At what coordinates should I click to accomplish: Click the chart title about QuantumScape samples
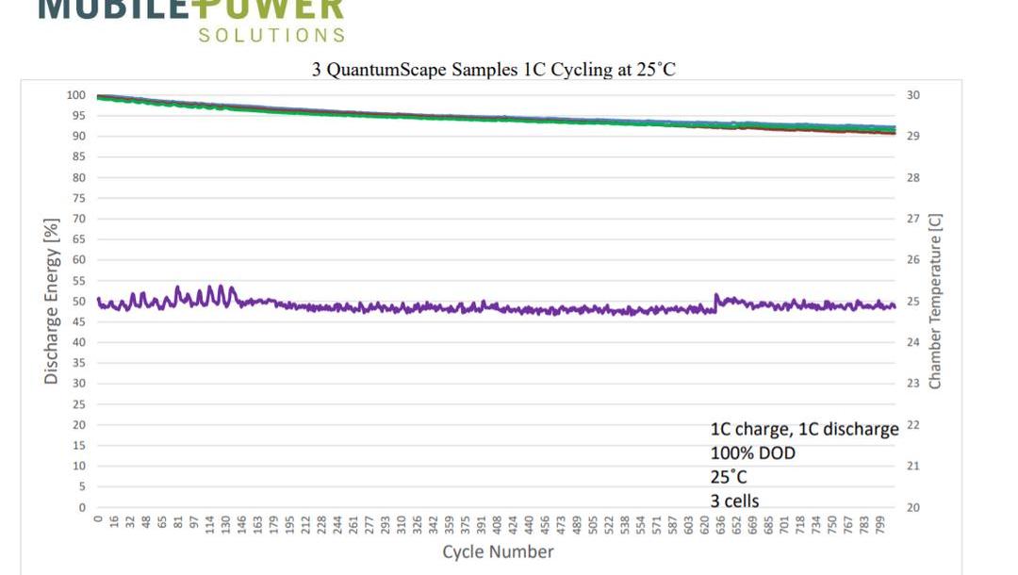(x=494, y=71)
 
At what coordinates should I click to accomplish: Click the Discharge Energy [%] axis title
(x=52, y=302)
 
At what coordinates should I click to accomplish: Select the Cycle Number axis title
(x=498, y=551)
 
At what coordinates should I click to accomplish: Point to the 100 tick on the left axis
(x=76, y=95)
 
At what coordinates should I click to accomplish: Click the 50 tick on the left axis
(x=79, y=302)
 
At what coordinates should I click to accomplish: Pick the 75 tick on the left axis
(x=79, y=198)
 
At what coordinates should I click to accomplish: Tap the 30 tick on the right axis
(x=912, y=95)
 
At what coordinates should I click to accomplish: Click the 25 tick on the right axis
(x=912, y=302)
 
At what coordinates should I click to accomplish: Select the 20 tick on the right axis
(x=912, y=507)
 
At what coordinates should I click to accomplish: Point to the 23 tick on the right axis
(x=912, y=384)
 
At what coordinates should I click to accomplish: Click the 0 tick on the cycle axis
(x=98, y=519)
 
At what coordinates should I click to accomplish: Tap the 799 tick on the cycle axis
(x=879, y=524)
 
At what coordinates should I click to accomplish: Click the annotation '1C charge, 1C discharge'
(x=804, y=430)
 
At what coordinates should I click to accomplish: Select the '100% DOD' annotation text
(x=752, y=453)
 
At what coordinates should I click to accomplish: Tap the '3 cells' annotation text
(x=734, y=501)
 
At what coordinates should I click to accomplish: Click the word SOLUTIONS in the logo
(x=271, y=35)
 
